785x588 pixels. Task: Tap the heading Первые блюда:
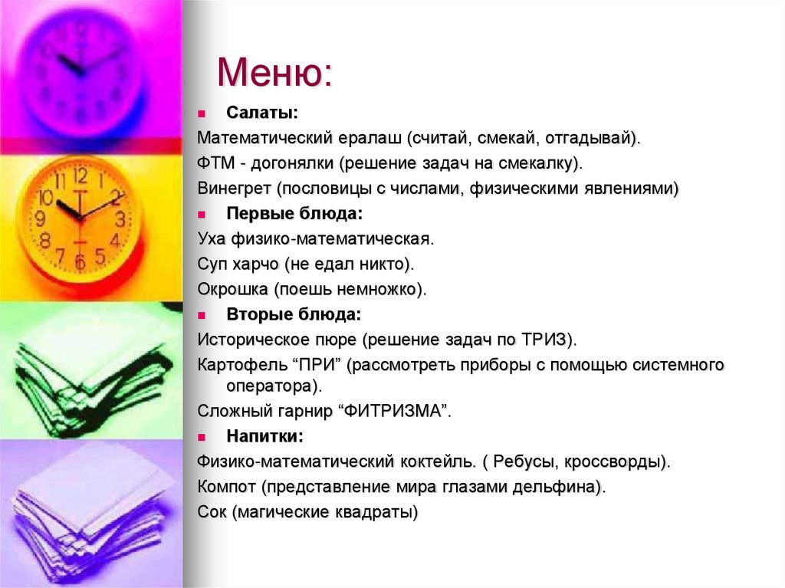tap(294, 213)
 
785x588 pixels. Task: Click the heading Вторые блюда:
tap(294, 314)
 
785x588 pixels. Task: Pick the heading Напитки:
tap(264, 436)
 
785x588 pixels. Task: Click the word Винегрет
tap(234, 189)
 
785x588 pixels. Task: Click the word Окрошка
tap(229, 289)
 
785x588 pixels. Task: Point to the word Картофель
tap(234, 365)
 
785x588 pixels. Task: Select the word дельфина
tap(563, 487)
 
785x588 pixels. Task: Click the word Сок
tap(212, 512)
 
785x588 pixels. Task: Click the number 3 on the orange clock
tap(120, 218)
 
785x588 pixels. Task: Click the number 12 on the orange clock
tap(80, 176)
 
